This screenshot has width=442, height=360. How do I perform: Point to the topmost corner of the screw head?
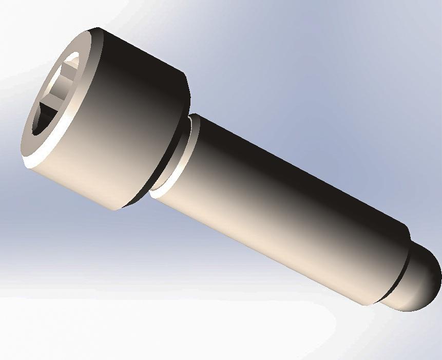(95, 28)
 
